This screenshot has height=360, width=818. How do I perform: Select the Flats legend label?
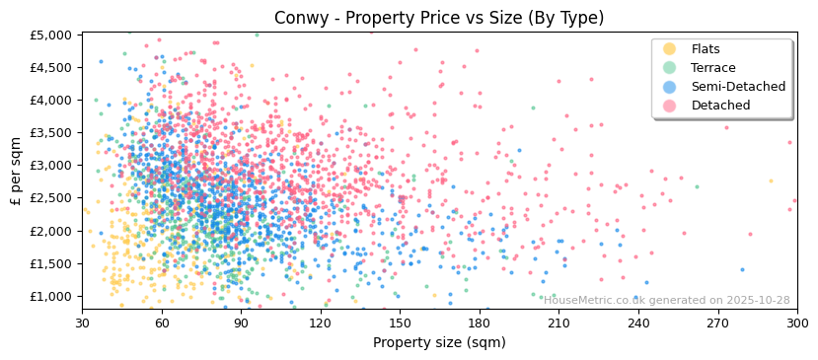pyautogui.click(x=706, y=49)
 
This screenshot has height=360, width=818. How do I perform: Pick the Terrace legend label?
pyautogui.click(x=711, y=68)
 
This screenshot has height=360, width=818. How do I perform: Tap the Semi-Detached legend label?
pyautogui.click(x=738, y=87)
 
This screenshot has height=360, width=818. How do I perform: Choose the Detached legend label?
pyautogui.click(x=720, y=106)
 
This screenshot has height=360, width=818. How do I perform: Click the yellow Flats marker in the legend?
pyautogui.click(x=670, y=49)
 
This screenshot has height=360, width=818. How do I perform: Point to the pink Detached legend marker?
pyautogui.click(x=670, y=106)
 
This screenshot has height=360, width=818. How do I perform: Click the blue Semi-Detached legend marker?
pyautogui.click(x=670, y=87)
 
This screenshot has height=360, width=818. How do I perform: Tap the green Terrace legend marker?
pyautogui.click(x=670, y=68)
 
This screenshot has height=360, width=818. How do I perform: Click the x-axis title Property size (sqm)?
pyautogui.click(x=438, y=342)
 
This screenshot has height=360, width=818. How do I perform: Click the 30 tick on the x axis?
pyautogui.click(x=82, y=323)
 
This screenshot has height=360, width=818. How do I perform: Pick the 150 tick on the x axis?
pyautogui.click(x=400, y=323)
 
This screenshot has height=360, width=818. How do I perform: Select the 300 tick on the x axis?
pyautogui.click(x=796, y=323)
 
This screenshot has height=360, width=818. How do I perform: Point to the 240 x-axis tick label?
pyautogui.click(x=638, y=323)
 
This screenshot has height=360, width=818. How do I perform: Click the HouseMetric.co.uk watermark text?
pyautogui.click(x=667, y=301)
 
